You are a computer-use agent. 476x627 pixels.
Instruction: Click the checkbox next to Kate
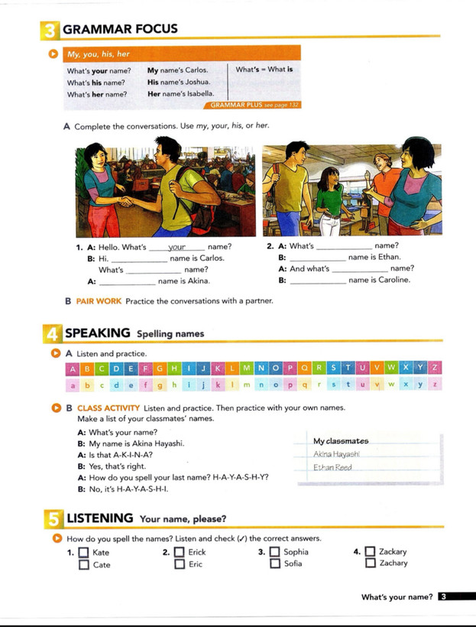pyautogui.click(x=83, y=552)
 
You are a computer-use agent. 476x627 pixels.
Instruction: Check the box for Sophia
pyautogui.click(x=274, y=552)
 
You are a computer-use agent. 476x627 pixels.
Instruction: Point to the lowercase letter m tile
pyautogui.click(x=246, y=385)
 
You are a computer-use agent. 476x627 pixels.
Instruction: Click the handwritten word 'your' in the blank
pyautogui.click(x=177, y=247)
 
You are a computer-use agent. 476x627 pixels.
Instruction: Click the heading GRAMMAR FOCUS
pyautogui.click(x=119, y=29)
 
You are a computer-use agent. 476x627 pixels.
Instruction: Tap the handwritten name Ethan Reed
pyautogui.click(x=333, y=468)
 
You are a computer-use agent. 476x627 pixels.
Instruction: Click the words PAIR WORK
pyautogui.click(x=99, y=301)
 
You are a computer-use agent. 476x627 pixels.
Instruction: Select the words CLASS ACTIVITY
pyautogui.click(x=108, y=408)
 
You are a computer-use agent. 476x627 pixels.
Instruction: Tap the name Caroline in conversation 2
pyautogui.click(x=391, y=280)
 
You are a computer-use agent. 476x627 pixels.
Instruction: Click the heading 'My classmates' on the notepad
pyautogui.click(x=341, y=441)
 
